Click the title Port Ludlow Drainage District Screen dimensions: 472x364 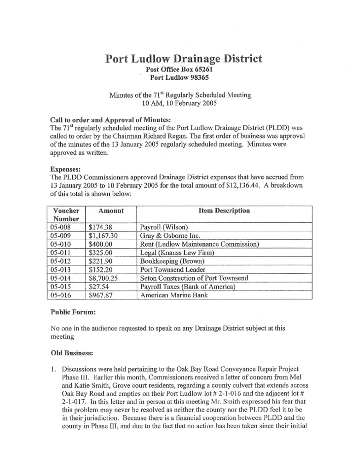pos(184,59)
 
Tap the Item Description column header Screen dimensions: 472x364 pos(224,211)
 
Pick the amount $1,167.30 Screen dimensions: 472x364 pos(104,235)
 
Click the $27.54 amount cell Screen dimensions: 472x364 pos(98,287)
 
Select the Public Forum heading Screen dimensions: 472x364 pos(73,312)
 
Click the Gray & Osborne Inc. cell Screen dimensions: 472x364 pos(168,235)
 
